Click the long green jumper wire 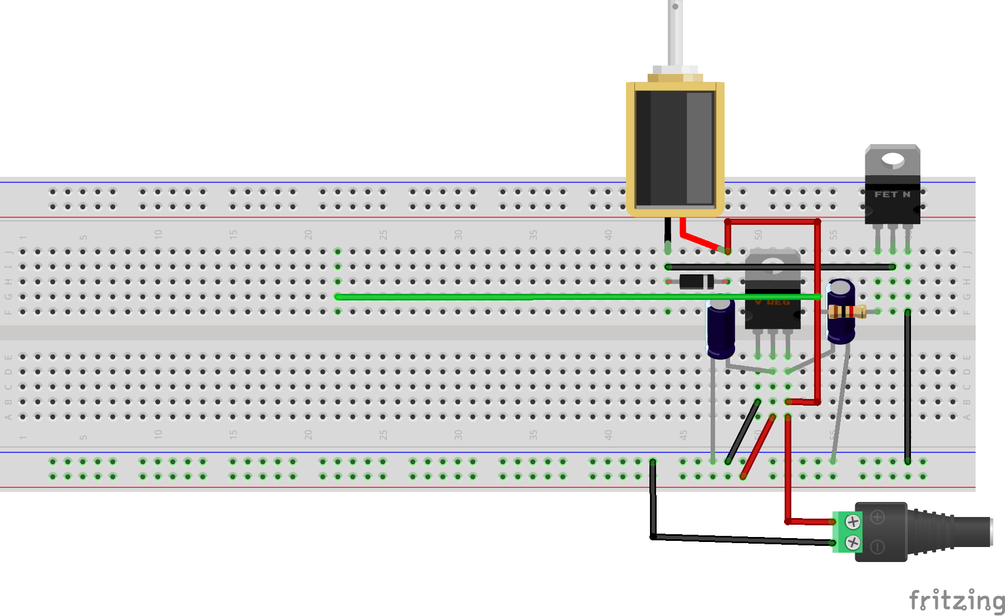pos(501,297)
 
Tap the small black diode pos(696,282)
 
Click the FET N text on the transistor pos(892,194)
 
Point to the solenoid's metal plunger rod pos(674,33)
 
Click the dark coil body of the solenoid pos(674,148)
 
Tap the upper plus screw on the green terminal pos(853,521)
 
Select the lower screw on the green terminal pos(853,542)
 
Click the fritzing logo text pos(956,601)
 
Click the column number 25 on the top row pos(383,234)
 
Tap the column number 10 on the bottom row pos(158,434)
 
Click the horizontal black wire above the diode pos(779,267)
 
